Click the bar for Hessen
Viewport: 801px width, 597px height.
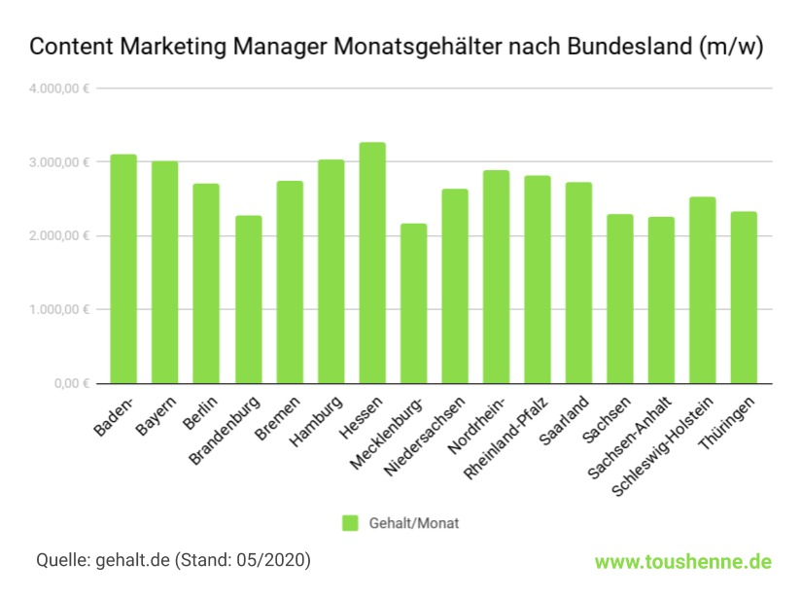click(x=372, y=263)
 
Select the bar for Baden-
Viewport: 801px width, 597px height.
click(x=123, y=268)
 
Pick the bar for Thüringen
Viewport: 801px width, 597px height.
click(x=745, y=298)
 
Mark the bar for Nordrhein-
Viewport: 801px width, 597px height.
click(x=496, y=277)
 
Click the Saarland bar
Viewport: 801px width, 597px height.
click(x=578, y=283)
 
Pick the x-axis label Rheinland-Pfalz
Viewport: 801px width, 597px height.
click(x=509, y=437)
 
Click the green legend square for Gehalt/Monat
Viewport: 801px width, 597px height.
click(x=350, y=523)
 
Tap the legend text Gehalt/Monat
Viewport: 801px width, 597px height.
click(x=413, y=523)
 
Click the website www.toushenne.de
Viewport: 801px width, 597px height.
click(x=683, y=561)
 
